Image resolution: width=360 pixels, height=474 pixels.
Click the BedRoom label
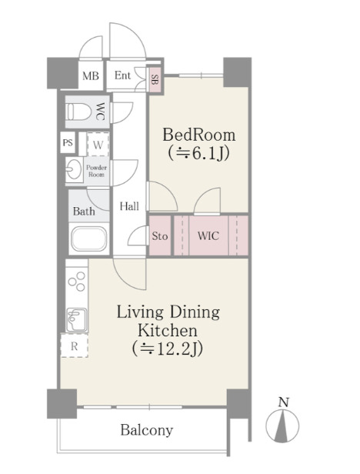199,135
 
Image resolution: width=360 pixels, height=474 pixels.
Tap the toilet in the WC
78,112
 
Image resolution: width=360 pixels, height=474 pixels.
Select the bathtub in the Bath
89,239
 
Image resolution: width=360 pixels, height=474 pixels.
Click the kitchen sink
76,319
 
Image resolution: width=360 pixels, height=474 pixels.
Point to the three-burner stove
77,282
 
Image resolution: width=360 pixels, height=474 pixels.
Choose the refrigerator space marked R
75,345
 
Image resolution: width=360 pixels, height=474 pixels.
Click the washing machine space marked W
98,144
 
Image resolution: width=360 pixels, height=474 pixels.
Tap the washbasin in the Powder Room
74,169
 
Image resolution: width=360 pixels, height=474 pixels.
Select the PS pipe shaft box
68,142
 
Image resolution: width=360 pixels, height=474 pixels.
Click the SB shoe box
155,79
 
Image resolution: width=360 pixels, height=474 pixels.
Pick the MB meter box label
91,75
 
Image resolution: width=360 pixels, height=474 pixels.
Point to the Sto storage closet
159,235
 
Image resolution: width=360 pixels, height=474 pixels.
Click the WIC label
208,235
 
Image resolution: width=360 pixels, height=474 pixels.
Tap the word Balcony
147,430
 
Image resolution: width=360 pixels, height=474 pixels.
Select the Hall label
129,206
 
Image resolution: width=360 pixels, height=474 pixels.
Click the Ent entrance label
122,75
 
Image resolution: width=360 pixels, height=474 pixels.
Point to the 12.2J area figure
168,349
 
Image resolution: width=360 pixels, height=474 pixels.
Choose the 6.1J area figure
199,153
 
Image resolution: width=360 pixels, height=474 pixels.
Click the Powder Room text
96,171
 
